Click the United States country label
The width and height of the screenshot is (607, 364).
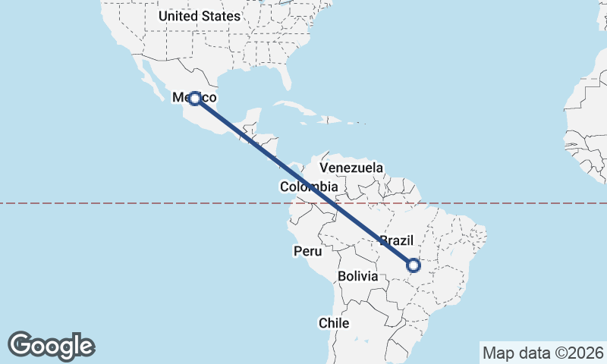pos(200,15)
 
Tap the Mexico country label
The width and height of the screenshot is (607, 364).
pos(195,98)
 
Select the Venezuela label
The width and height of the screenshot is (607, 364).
pos(351,168)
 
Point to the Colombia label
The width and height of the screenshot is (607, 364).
pos(308,187)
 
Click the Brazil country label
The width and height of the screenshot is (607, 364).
pos(396,240)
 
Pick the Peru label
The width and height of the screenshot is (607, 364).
pos(307,250)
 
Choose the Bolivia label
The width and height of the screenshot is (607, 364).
pos(358,277)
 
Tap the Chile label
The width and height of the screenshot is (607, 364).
pos(334,323)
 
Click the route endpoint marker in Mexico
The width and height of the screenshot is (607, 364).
pos(195,98)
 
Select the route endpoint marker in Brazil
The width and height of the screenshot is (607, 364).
pos(414,265)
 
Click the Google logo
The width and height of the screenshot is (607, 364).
pos(51,345)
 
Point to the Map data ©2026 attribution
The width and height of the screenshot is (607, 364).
pos(543,353)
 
